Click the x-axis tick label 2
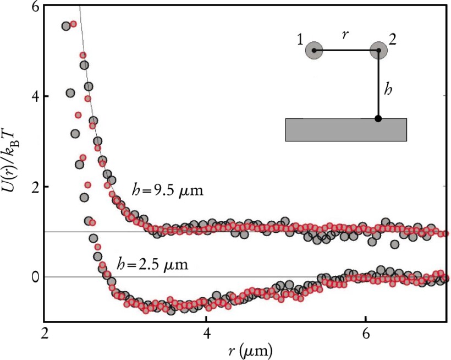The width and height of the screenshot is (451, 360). click(x=46, y=334)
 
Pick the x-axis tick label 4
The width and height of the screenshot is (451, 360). click(x=206, y=334)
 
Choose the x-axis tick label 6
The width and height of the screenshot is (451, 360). click(x=366, y=334)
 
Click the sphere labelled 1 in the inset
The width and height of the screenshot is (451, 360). click(x=314, y=51)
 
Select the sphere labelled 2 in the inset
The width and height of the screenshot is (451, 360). click(x=379, y=51)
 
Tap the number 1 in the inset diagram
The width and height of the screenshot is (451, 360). click(x=300, y=40)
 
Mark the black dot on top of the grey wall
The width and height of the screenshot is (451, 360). click(x=378, y=118)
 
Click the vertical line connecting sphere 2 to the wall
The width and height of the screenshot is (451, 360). click(x=379, y=85)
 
